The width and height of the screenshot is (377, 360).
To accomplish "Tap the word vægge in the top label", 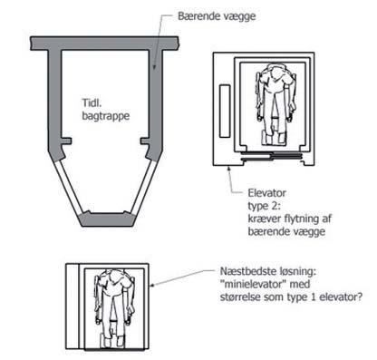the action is pos(239,17).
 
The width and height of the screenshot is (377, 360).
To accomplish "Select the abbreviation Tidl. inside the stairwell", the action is pos(92,102).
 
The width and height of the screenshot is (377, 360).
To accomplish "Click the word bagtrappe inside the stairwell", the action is pos(106,116).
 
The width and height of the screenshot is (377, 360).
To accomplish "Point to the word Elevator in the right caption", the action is pos(266,192).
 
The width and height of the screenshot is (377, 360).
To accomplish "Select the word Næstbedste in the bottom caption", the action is pos(248,271).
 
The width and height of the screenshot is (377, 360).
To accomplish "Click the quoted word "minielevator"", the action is pos(254,284).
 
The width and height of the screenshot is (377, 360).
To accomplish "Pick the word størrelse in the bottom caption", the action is pos(240,297).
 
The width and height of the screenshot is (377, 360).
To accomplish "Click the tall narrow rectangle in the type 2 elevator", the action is pos(225,112).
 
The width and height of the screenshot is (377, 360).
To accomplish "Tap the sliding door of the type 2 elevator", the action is pos(271,156).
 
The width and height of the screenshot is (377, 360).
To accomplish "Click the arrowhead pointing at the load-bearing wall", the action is pos(153,66).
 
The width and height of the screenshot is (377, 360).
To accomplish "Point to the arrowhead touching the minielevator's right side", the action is pos(153,285).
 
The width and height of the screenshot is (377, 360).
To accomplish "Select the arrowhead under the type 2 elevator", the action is pos(229,169).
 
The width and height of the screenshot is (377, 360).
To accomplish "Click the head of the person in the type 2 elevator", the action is pos(275,72).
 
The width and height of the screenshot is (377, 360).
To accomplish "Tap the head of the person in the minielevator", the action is pos(114,277).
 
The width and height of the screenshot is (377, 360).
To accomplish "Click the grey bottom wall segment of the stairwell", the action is pos(107,219).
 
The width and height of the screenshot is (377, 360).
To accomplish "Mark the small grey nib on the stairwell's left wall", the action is pos(66,141).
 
